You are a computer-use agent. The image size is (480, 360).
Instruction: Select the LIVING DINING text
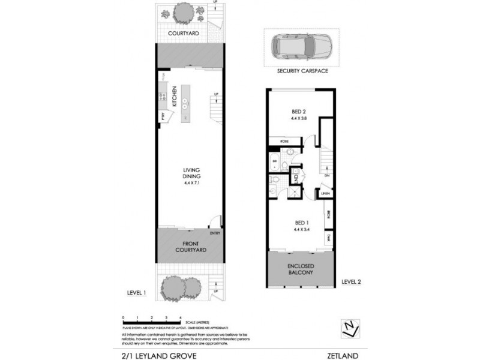coord(191,173)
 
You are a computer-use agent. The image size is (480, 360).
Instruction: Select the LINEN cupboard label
coord(325,194)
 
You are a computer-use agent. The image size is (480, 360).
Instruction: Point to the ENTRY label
coord(215,233)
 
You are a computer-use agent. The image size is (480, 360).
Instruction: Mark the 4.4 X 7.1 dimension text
coord(191,183)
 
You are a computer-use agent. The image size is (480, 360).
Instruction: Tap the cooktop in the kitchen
coord(163,95)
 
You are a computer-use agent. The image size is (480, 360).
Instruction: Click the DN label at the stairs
coord(326,176)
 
